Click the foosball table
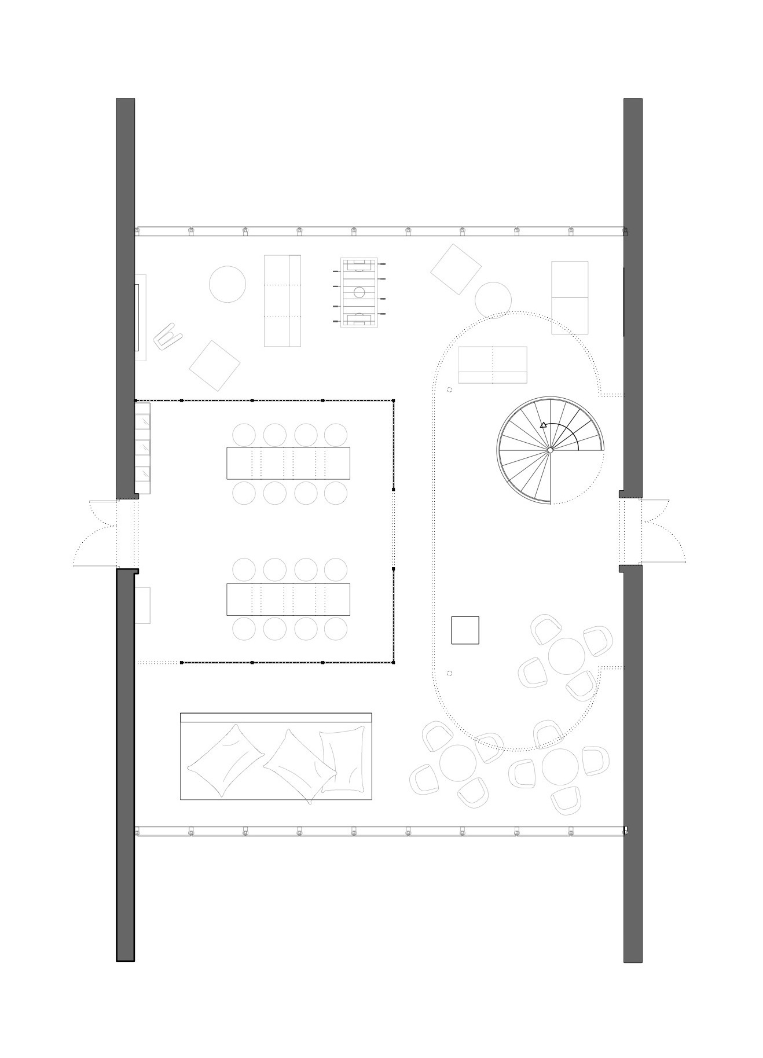(359, 293)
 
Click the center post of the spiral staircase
(550, 450)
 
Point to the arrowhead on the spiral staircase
(543, 425)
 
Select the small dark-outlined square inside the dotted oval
(465, 630)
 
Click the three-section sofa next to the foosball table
(283, 301)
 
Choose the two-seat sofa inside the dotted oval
(493, 365)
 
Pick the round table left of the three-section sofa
(228, 284)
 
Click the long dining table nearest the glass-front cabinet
(288, 463)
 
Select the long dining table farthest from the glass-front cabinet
(288, 599)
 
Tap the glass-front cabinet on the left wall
(142, 449)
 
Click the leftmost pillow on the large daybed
(226, 759)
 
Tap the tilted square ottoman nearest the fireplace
(215, 365)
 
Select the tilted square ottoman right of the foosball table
(456, 269)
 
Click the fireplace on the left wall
(140, 317)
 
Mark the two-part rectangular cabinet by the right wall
(569, 297)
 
